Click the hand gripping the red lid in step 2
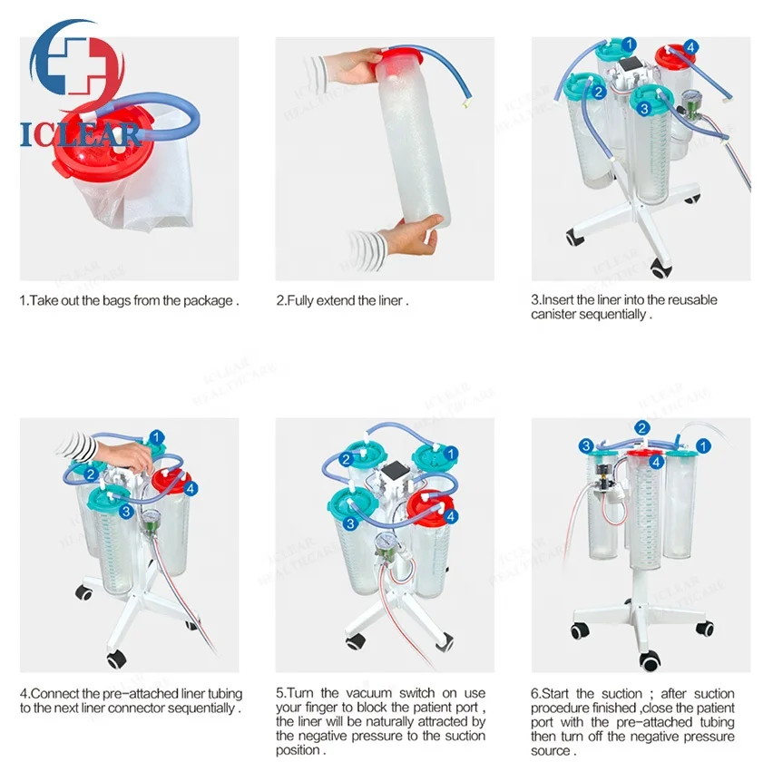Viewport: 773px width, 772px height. coord(354,65)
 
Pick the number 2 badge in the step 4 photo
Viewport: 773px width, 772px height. coord(91,473)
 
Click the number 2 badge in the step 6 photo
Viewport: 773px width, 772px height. coord(641,427)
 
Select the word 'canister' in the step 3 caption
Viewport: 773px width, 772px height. coord(554,314)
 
